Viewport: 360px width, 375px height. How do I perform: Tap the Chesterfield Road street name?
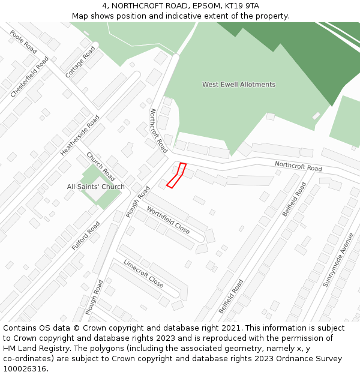pos(29,77)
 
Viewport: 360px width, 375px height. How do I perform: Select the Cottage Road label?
pos(80,62)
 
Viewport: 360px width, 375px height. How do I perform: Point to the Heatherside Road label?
pos(80,136)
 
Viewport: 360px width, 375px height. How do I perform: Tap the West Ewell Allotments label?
pos(238,85)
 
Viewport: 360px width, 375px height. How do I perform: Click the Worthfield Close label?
pos(168,220)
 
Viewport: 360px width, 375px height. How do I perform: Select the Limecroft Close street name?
pos(143,273)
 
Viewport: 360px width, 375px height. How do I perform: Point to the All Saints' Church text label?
pos(95,187)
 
